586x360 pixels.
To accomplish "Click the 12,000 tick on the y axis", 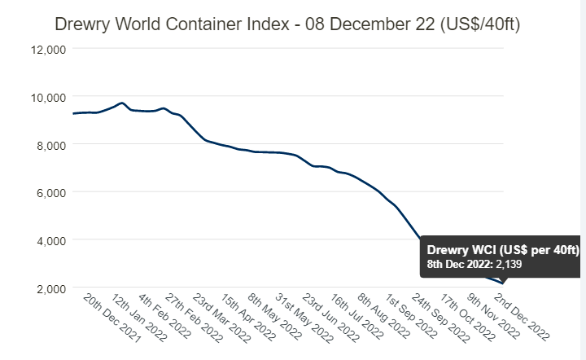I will coord(47,49).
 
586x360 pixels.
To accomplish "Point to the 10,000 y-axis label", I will coord(47,97).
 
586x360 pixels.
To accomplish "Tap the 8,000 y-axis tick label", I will coord(50,145).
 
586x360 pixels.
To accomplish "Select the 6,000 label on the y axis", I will coord(50,192).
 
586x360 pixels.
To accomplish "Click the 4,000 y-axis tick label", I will coord(50,240).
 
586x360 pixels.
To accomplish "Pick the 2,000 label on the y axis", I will coord(50,288).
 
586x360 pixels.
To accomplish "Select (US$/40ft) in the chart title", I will coord(479,24).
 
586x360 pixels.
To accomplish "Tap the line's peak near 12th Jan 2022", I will coord(121,103).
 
